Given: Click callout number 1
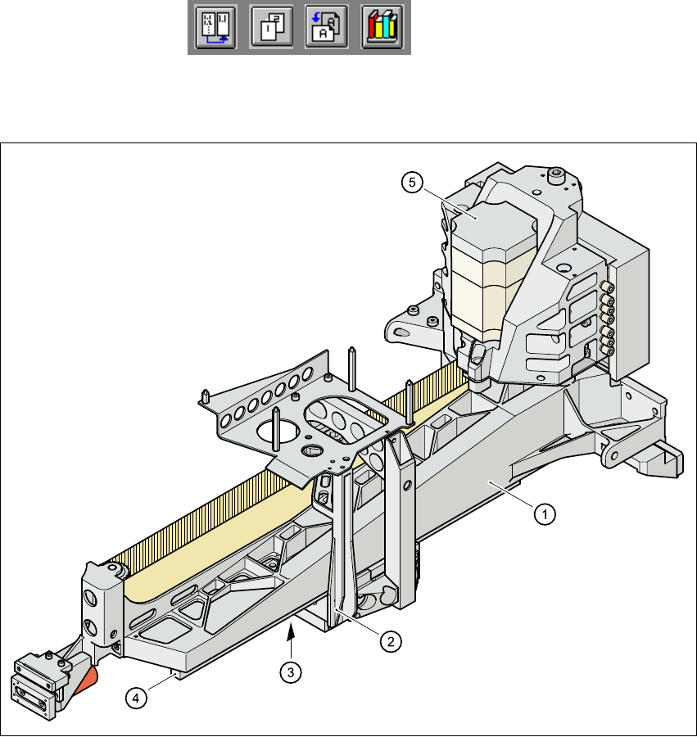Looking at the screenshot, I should point(545,514).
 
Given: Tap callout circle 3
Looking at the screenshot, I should point(288,672).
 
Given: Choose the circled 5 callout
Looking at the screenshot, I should point(414,183).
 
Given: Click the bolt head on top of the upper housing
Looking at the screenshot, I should point(556,174).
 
